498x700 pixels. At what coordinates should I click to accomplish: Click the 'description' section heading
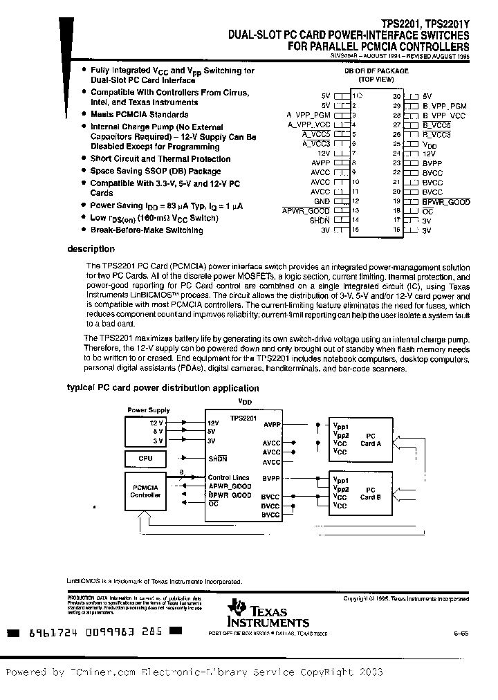click(x=91, y=249)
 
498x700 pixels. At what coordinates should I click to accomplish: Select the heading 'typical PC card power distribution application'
click(x=163, y=388)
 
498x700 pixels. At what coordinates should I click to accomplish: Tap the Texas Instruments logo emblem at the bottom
click(x=239, y=607)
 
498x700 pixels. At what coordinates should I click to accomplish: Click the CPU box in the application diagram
click(x=146, y=459)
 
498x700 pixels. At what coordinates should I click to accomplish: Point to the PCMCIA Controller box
click(x=146, y=491)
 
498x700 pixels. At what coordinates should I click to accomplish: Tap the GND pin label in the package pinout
click(x=322, y=201)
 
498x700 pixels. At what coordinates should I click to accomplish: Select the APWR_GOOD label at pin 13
click(x=306, y=210)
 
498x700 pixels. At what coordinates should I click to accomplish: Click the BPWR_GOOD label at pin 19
click(x=445, y=201)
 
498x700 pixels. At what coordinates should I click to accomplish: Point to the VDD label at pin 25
click(x=429, y=145)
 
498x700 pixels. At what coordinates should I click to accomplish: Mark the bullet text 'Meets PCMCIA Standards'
click(x=139, y=115)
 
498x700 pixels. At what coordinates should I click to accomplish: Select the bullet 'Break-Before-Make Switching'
click(x=147, y=230)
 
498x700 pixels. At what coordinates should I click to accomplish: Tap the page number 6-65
click(x=460, y=631)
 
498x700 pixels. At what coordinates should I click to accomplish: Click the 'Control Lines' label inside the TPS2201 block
click(x=229, y=477)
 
